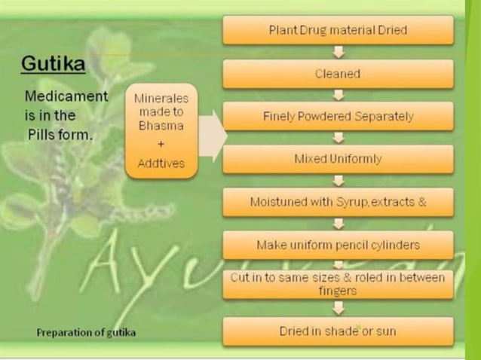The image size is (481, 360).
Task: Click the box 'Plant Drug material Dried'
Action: [x=338, y=30]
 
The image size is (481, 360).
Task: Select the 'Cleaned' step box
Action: [x=338, y=74]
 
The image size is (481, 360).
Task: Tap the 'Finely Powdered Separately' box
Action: [x=338, y=117]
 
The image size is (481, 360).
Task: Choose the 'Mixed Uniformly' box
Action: [x=338, y=159]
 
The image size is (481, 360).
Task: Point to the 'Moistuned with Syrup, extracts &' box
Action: [x=338, y=203]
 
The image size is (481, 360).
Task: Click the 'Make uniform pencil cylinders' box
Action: [x=338, y=245]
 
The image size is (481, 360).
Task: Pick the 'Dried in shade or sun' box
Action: [x=338, y=331]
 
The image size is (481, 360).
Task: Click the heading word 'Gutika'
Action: [x=53, y=64]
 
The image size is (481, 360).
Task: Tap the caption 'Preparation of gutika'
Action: [x=86, y=331]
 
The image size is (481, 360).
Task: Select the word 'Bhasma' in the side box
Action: [x=161, y=125]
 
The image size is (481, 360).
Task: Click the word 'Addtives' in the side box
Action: [x=161, y=163]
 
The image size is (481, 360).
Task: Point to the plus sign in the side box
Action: [x=161, y=143]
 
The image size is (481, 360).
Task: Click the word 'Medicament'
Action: [x=66, y=97]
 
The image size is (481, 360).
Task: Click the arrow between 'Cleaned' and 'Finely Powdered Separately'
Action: [x=339, y=95]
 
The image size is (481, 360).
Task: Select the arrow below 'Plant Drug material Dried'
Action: [x=339, y=52]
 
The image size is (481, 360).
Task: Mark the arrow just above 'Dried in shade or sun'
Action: [x=339, y=309]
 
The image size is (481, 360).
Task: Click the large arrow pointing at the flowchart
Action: [x=215, y=136]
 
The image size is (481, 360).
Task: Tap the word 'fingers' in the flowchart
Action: [x=338, y=290]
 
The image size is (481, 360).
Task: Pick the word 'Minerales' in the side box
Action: [x=161, y=99]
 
